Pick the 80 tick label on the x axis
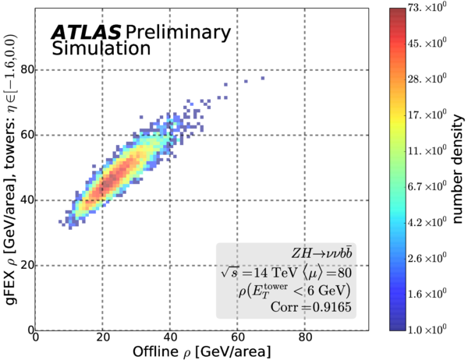pyautogui.click(x=305, y=338)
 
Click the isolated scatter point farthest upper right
pyautogui.click(x=263, y=78)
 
